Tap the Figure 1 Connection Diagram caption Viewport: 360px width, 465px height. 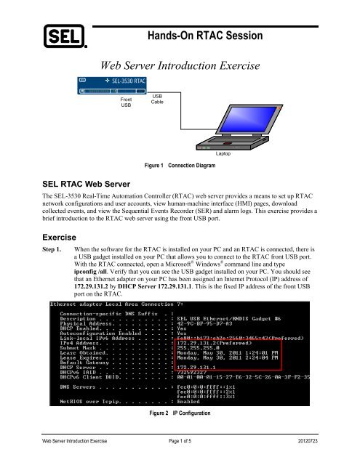(179, 166)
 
